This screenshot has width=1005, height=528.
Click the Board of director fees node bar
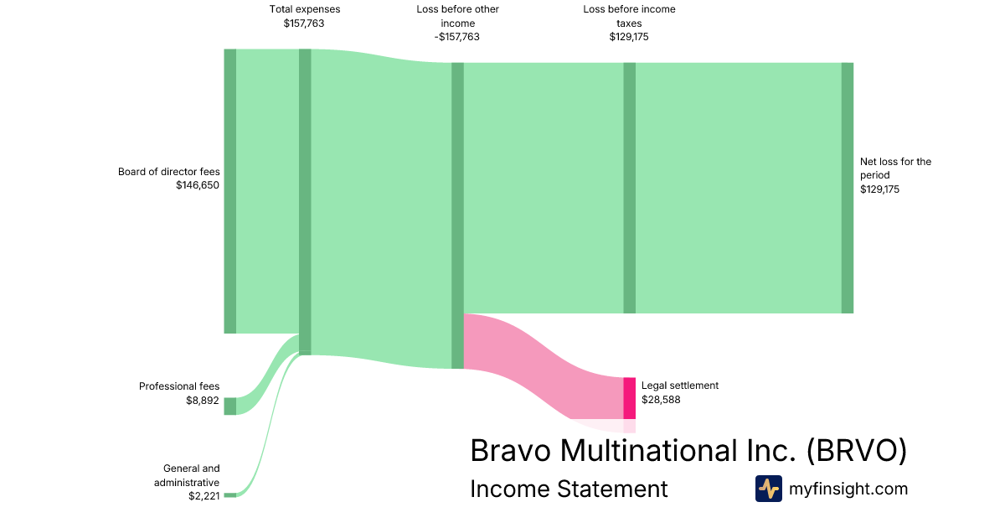pyautogui.click(x=230, y=191)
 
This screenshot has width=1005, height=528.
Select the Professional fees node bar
pyautogui.click(x=230, y=406)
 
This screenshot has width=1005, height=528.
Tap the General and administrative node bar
pyautogui.click(x=230, y=495)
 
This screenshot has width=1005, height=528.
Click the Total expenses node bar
pyautogui.click(x=305, y=202)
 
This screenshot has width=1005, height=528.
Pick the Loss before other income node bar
pyautogui.click(x=457, y=215)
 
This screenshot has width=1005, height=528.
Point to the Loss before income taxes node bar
pyautogui.click(x=630, y=188)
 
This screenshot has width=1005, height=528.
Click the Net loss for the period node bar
pyautogui.click(x=848, y=188)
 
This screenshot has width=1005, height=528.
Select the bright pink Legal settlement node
pyautogui.click(x=630, y=398)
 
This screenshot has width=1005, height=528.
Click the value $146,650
pyautogui.click(x=198, y=185)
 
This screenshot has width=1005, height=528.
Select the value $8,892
pyautogui.click(x=203, y=401)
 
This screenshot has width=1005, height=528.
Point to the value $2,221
pyautogui.click(x=204, y=496)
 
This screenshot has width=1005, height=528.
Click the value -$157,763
pyautogui.click(x=456, y=37)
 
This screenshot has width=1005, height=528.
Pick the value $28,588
pyautogui.click(x=661, y=400)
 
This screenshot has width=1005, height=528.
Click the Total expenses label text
pyautogui.click(x=305, y=9)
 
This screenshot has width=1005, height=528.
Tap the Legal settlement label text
pyautogui.click(x=680, y=386)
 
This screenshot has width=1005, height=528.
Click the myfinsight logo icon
pyautogui.click(x=769, y=489)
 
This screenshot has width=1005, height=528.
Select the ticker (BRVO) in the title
pyautogui.click(x=857, y=450)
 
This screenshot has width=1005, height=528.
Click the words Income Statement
pyautogui.click(x=569, y=489)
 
